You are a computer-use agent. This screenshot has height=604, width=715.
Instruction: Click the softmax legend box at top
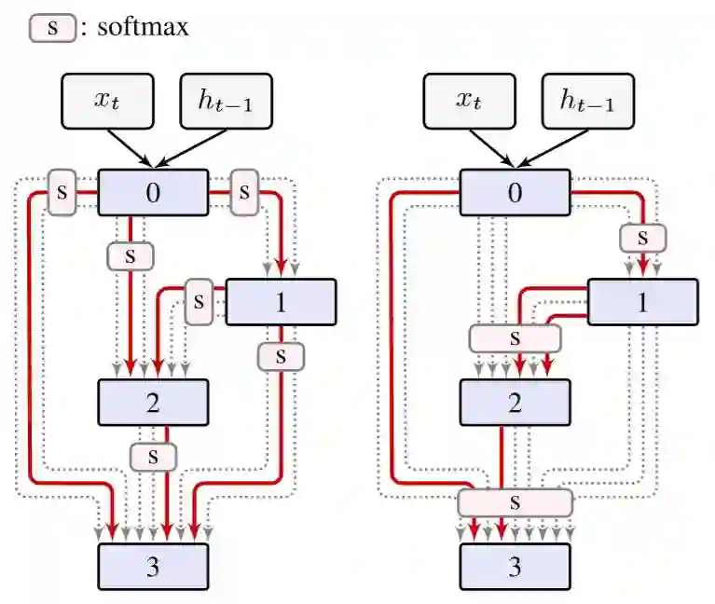52,28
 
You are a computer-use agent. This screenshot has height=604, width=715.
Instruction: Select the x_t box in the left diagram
108,101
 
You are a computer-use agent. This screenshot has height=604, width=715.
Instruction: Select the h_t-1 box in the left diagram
227,101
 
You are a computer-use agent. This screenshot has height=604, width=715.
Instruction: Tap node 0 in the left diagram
153,194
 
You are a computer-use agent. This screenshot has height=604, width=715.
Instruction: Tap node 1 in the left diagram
281,302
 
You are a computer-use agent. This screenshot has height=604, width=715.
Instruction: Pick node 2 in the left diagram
153,403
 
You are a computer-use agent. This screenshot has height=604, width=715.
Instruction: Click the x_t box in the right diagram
470,101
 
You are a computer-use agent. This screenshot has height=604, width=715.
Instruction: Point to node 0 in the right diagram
515,194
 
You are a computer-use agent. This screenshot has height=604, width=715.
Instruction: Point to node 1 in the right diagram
642,302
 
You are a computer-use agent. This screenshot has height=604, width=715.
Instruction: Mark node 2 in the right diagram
515,403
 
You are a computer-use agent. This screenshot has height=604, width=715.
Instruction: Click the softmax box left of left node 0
62,192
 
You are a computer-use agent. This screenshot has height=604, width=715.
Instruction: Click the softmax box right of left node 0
243,192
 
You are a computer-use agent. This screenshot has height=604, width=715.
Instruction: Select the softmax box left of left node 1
198,302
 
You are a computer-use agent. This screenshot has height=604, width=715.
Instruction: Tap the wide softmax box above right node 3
515,503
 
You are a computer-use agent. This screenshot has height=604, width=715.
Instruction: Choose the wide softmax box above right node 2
515,337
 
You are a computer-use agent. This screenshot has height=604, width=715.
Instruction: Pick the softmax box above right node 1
642,238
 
